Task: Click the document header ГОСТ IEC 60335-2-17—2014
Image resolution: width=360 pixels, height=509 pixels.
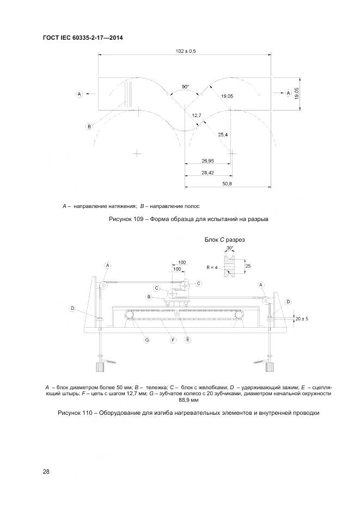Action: point(83,38)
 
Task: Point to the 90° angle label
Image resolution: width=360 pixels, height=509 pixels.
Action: point(185,87)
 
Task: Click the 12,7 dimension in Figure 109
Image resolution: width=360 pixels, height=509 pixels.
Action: point(197,115)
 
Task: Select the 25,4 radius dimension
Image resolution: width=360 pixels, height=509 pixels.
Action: point(222,134)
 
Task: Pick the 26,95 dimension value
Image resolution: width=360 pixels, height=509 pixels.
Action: point(208,161)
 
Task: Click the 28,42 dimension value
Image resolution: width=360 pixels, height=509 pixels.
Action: point(208,173)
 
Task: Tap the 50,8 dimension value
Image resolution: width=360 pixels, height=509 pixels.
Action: point(227,184)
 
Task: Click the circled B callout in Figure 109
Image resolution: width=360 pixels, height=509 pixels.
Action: point(89,126)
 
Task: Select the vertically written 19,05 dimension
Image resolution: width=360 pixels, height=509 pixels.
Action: point(297,94)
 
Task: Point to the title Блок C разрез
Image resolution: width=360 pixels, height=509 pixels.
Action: point(224,240)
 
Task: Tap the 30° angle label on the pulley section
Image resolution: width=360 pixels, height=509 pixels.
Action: point(230,248)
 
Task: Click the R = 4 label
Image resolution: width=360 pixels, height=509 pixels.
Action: point(212,268)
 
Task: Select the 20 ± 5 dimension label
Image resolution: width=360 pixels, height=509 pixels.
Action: point(302,318)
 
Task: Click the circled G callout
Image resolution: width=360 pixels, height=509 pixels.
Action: point(147,340)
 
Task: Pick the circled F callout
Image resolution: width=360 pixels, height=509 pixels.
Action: point(173,340)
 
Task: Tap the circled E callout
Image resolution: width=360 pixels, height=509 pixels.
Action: point(188,340)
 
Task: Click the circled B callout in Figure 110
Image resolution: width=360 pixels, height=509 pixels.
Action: point(149,297)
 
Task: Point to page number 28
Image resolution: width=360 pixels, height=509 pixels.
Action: point(46,471)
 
